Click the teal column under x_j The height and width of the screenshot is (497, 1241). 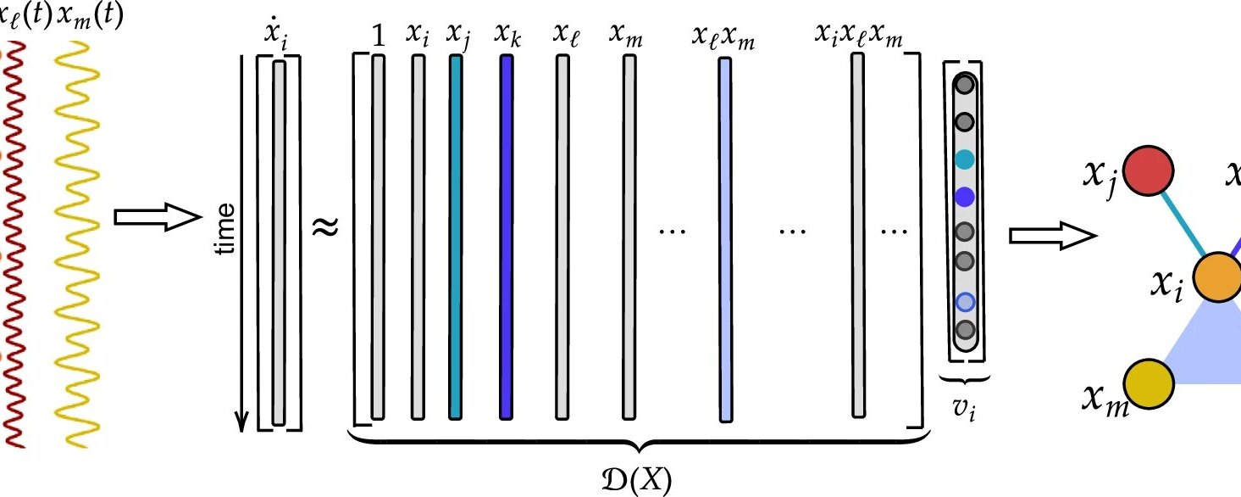click(x=456, y=237)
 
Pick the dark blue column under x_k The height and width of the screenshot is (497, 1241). click(x=507, y=237)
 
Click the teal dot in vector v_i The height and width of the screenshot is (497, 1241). click(x=964, y=159)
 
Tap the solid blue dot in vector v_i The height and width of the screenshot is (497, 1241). click(x=964, y=197)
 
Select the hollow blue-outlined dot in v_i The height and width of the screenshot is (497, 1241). click(x=965, y=302)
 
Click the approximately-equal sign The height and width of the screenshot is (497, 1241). click(x=327, y=227)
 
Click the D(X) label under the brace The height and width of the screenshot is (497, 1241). click(x=640, y=482)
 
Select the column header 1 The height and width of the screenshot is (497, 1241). click(x=378, y=36)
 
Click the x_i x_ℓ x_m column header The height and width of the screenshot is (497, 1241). click(x=858, y=36)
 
